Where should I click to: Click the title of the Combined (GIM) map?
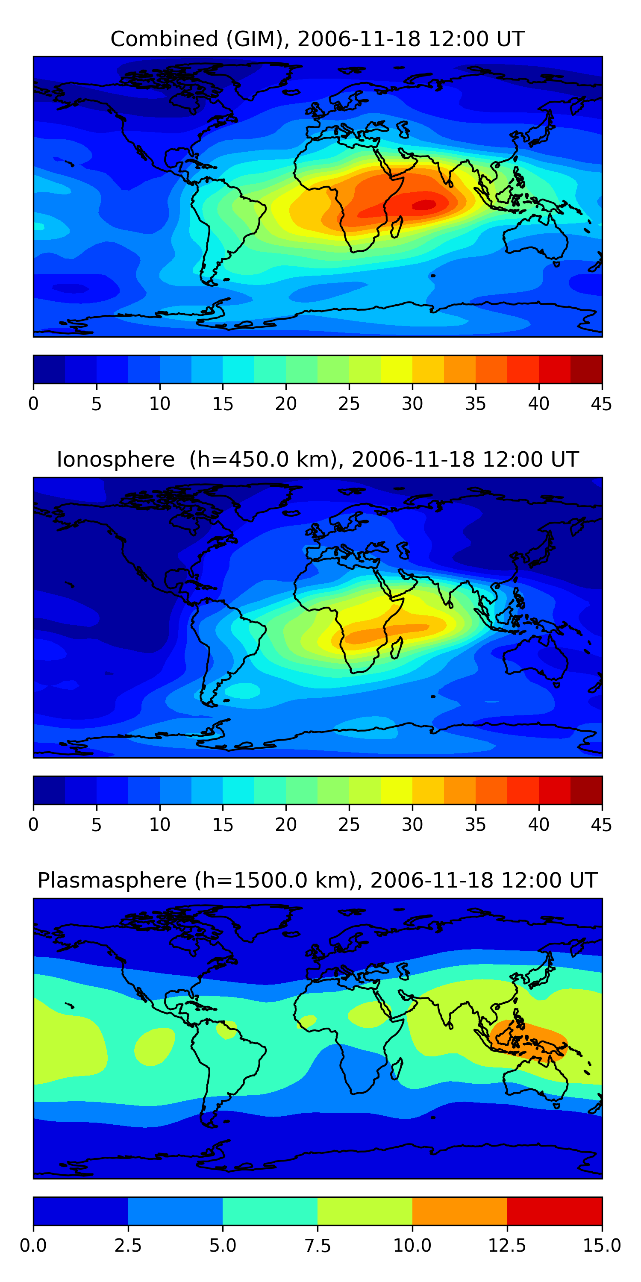click(318, 39)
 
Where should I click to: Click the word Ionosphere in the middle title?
click(115, 459)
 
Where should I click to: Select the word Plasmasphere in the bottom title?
click(112, 880)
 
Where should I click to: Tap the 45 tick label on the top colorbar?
click(601, 403)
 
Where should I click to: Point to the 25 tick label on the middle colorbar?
click(349, 824)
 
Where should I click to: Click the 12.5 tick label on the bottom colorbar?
click(507, 1245)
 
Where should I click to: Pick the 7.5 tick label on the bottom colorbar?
click(318, 1245)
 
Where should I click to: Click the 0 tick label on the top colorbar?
click(33, 403)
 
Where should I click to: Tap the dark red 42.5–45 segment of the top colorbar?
click(586, 369)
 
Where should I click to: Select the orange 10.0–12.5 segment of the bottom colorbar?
click(459, 1210)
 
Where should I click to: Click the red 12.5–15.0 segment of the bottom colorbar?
click(554, 1210)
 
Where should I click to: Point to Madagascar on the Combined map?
click(397, 227)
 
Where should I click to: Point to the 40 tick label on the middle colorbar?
click(538, 824)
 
